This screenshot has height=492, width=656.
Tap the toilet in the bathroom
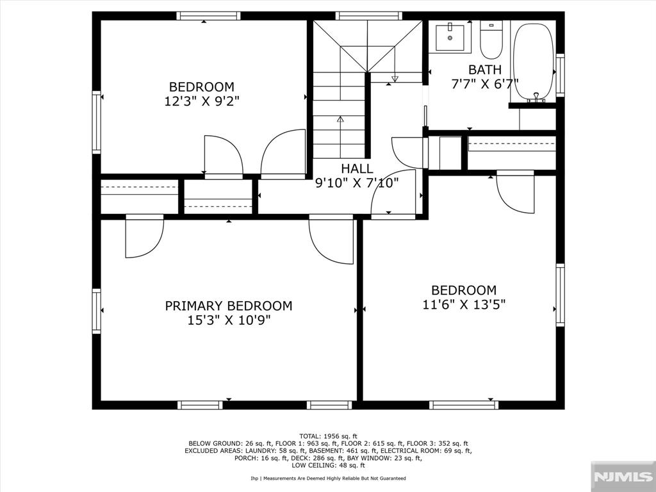(491, 40)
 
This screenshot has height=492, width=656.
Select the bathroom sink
(450, 38)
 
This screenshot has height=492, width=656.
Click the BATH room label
(484, 69)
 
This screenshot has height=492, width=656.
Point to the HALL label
(357, 168)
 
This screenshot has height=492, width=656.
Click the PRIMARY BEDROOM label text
(229, 306)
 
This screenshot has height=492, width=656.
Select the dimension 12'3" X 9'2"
(204, 101)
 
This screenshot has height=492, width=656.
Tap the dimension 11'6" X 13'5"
(464, 304)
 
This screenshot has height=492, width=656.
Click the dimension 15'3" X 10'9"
(229, 320)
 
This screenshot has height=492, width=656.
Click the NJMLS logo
(623, 477)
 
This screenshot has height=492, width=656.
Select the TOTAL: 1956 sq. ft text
(328, 436)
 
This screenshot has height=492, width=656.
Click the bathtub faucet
(536, 97)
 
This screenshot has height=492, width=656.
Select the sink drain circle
(450, 38)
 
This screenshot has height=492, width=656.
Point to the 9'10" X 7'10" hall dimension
(357, 183)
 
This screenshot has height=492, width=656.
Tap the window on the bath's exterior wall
(560, 75)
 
